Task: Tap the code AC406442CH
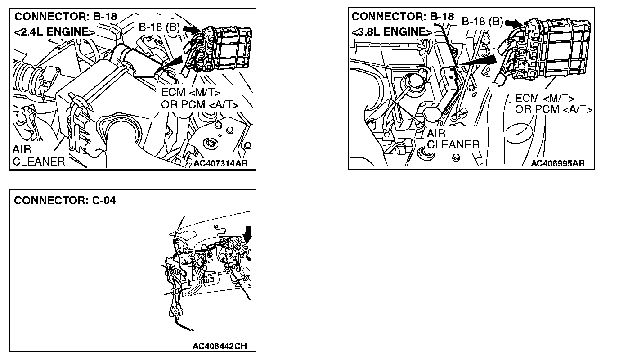pyautogui.click(x=220, y=346)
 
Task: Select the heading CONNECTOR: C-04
pyautogui.click(x=65, y=201)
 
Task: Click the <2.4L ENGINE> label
pyautogui.click(x=54, y=32)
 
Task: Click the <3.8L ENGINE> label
pyautogui.click(x=390, y=32)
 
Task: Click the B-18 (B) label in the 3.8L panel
pyautogui.click(x=482, y=22)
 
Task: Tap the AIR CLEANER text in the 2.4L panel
pyautogui.click(x=39, y=156)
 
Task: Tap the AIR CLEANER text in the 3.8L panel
pyautogui.click(x=453, y=139)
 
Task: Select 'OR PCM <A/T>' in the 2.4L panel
pyautogui.click(x=199, y=104)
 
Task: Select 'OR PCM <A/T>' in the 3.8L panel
pyautogui.click(x=553, y=109)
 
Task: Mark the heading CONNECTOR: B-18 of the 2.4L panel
pyautogui.click(x=65, y=17)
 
